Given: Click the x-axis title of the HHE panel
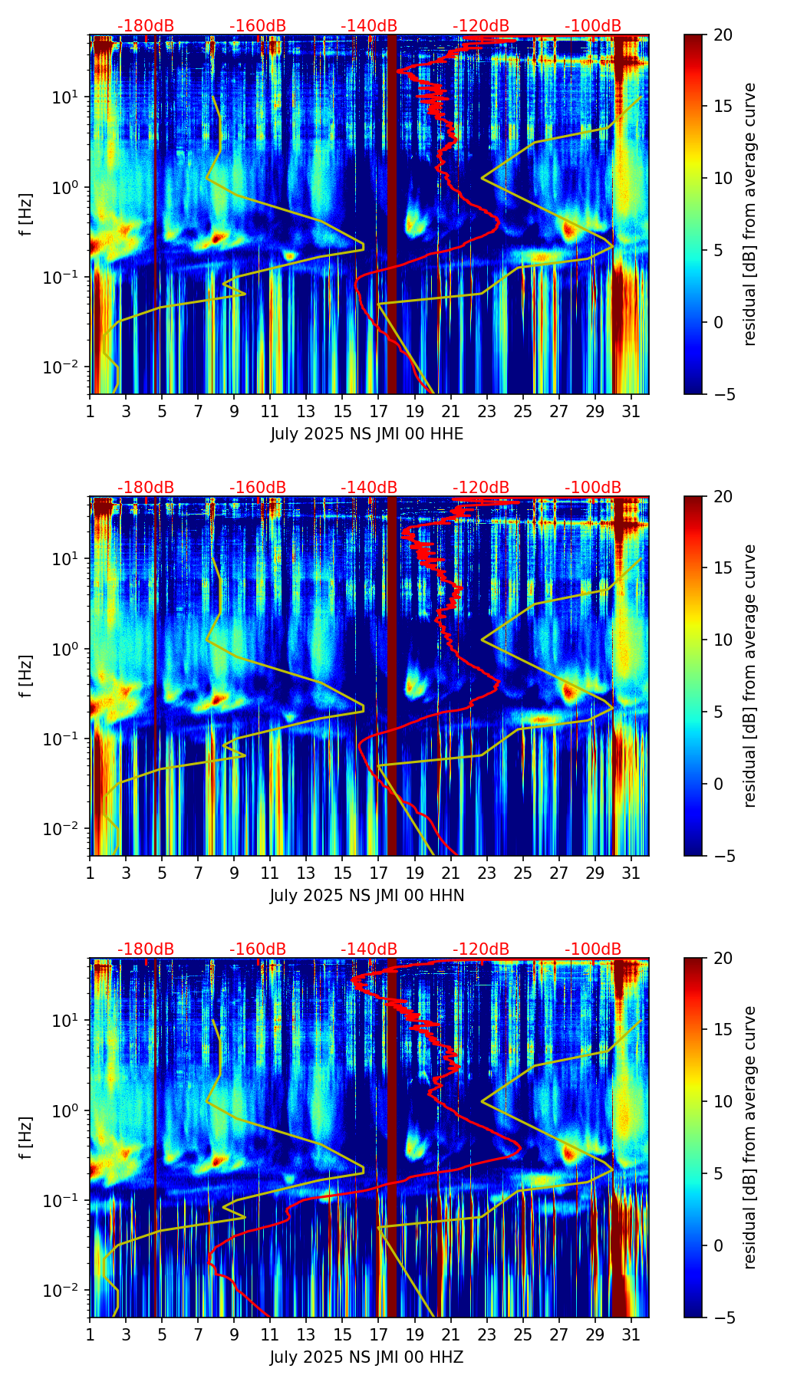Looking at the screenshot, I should pos(367,434).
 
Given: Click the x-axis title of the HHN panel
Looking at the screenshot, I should pos(367,896).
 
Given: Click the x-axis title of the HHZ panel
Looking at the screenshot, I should pos(367,1357).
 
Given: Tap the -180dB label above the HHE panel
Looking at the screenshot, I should pos(146,26).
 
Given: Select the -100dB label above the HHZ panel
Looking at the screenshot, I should pos(593,949).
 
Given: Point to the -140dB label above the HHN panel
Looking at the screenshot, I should pos(369,488).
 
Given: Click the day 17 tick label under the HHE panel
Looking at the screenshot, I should pos(379,411).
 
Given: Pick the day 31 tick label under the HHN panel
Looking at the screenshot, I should pos(631,873).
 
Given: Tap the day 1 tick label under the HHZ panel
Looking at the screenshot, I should pos(91,1334).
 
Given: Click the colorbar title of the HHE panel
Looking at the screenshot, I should pos(750,215).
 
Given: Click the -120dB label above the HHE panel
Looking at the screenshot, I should pos(481,26).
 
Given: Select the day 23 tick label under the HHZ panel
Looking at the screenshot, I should pos(487,1334).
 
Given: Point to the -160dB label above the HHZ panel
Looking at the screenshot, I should pos(258,949).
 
